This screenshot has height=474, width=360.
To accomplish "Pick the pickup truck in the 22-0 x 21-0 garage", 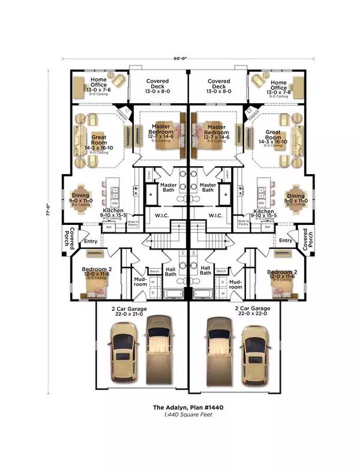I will pos(159,350).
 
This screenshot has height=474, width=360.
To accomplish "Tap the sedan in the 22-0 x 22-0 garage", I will pos(256,356).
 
